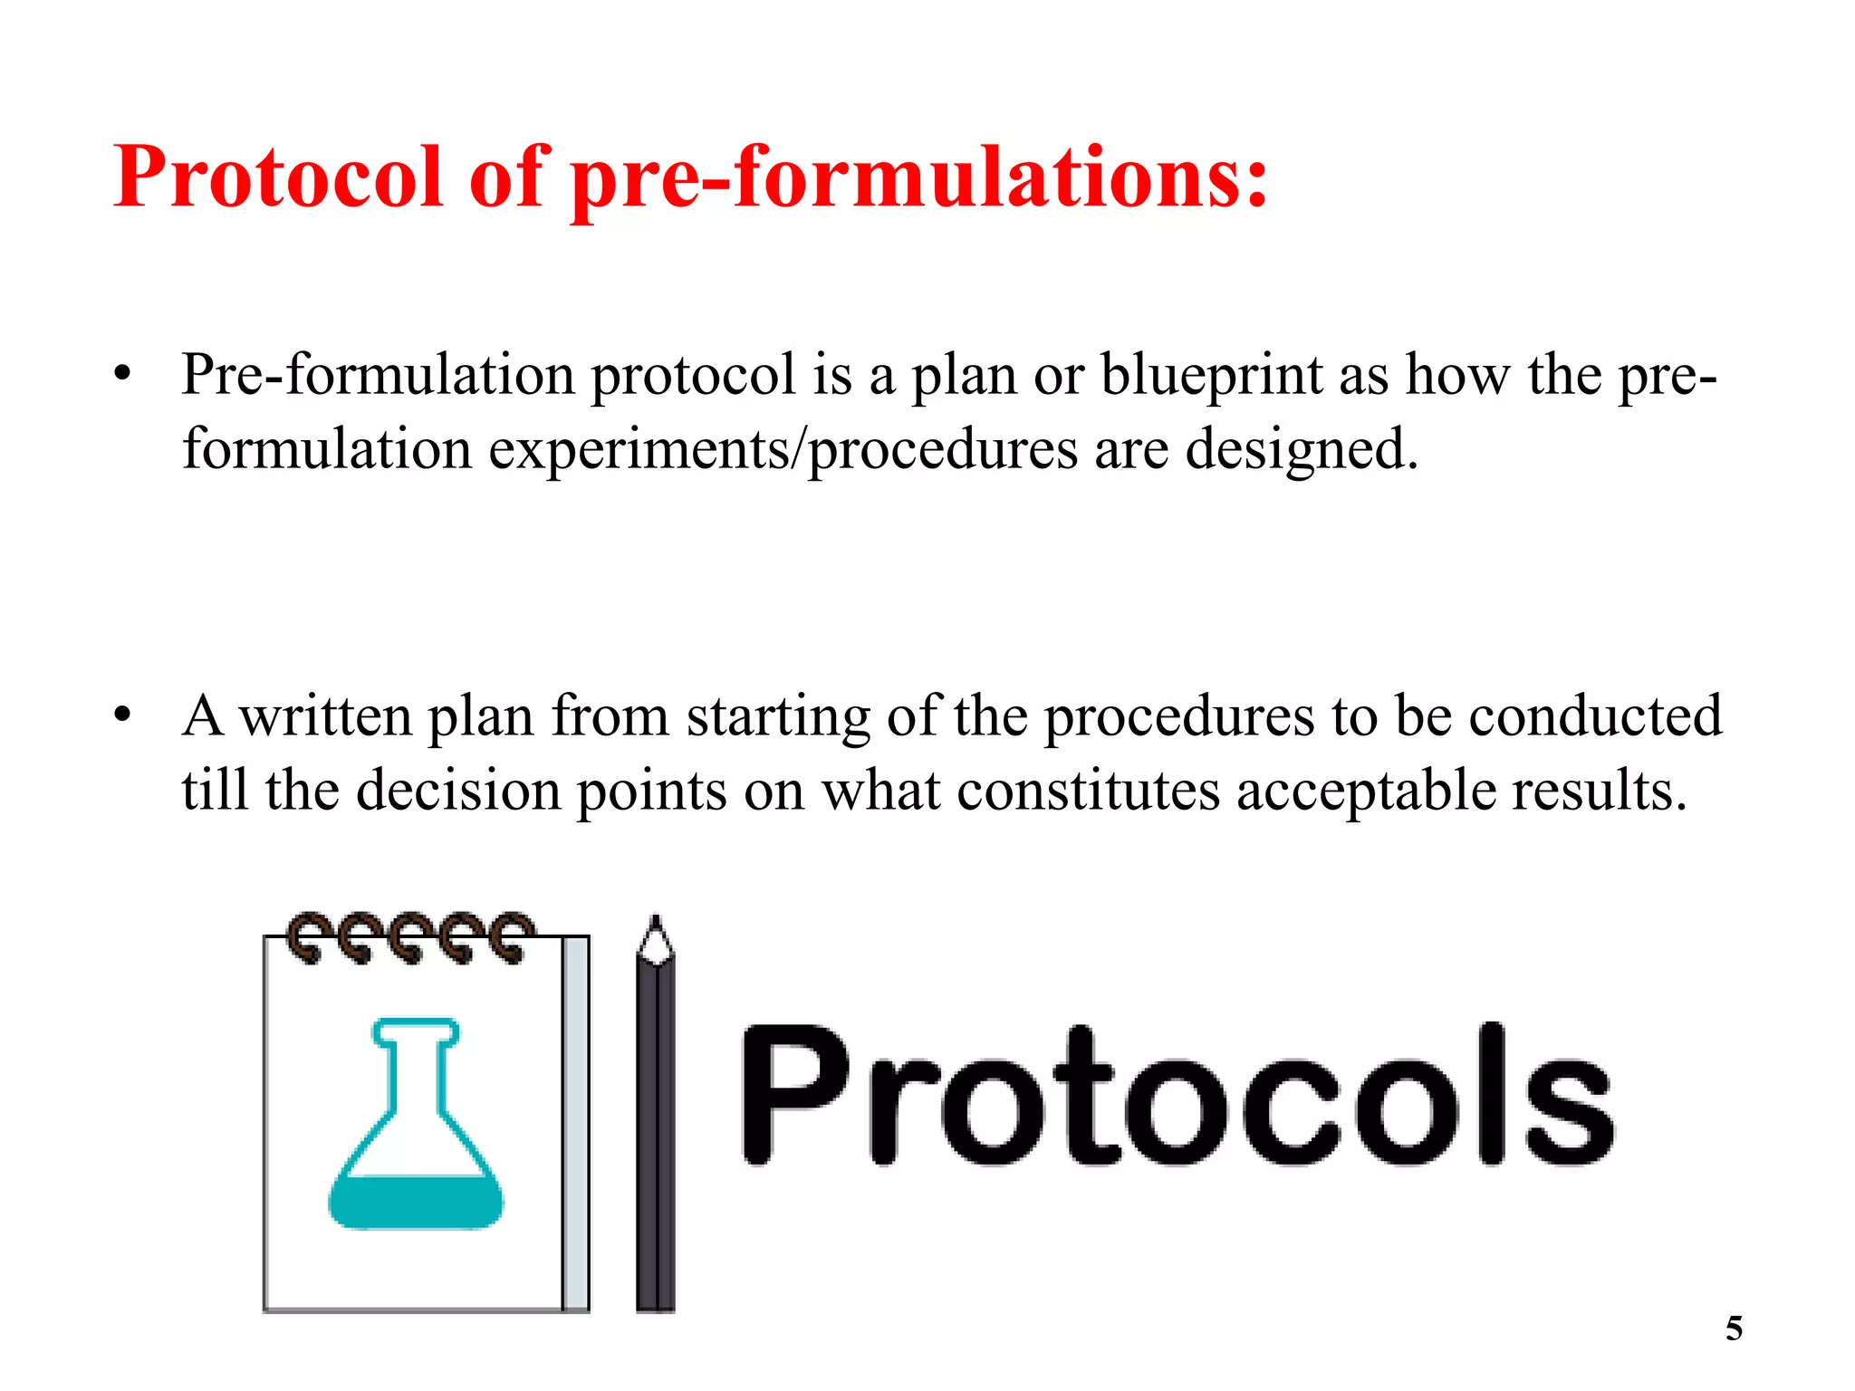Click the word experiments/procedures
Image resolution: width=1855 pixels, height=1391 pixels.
click(x=783, y=450)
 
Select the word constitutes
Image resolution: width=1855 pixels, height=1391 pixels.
click(x=1088, y=791)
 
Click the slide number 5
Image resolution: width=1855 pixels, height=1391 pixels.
click(x=1734, y=1329)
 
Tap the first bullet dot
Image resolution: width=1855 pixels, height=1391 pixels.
click(x=123, y=374)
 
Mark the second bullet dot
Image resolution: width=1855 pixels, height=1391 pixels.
click(x=123, y=715)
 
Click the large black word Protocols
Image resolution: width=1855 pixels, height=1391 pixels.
click(x=1177, y=1096)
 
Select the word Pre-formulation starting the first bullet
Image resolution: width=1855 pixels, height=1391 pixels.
click(x=378, y=376)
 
